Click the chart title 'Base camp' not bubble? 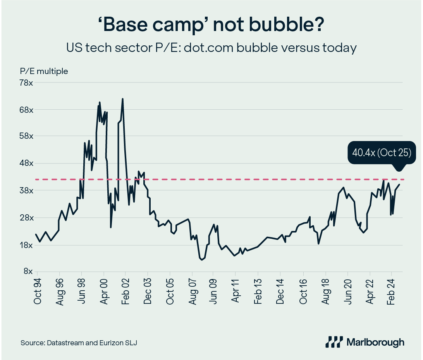click(x=211, y=26)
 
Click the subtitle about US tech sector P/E click(x=211, y=48)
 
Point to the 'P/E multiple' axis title click(x=44, y=71)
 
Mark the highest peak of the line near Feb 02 click(x=122, y=99)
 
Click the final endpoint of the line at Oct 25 click(x=399, y=184)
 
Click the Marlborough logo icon click(x=334, y=342)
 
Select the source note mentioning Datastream click(x=79, y=343)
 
